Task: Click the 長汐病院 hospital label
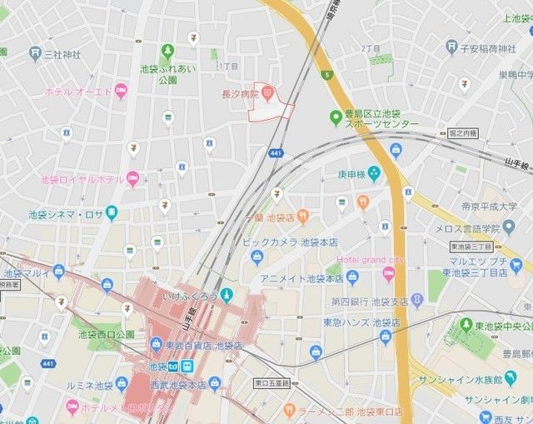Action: [x=238, y=93]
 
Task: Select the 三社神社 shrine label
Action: [x=63, y=54]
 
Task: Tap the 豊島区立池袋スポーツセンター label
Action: [x=374, y=117]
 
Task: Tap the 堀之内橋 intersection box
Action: [x=463, y=133]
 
